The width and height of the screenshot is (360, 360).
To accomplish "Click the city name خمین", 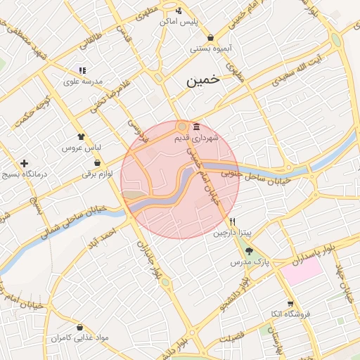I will tap(203, 81).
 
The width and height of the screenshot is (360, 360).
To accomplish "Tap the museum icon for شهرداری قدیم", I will tap(195, 127).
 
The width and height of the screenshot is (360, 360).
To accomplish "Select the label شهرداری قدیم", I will tap(197, 138).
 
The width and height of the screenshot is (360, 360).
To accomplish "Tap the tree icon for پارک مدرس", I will tap(249, 251).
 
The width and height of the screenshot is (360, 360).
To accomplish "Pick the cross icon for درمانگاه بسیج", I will tap(25, 162).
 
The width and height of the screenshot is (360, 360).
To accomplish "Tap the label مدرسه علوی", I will tap(83, 82).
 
